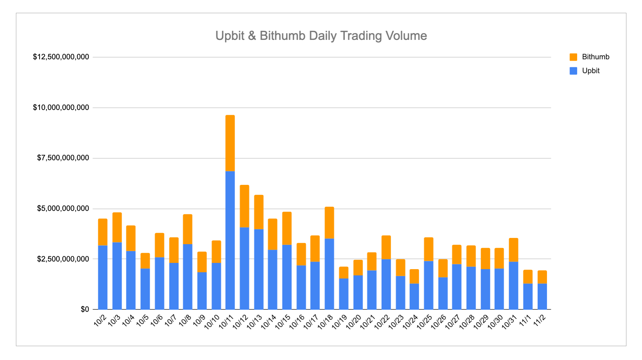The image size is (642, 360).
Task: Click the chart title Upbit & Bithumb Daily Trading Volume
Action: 321,36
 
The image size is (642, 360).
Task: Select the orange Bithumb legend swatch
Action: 573,57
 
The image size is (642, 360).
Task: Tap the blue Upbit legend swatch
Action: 573,71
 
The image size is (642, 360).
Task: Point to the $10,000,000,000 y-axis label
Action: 61,108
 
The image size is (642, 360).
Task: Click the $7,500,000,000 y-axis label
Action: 63,158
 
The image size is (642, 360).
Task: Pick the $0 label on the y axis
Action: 85,309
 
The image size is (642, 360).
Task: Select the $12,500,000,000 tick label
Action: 61,57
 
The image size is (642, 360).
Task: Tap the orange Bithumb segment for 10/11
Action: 230,143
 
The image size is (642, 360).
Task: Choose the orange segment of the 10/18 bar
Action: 329,222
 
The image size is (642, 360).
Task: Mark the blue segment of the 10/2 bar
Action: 103,277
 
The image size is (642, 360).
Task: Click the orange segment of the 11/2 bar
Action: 542,277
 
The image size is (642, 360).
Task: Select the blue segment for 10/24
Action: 414,296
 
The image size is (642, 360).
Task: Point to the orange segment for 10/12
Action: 244,206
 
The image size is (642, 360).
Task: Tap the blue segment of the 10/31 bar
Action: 513,285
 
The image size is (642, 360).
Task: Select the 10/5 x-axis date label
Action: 142,320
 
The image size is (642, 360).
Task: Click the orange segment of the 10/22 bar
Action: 386,247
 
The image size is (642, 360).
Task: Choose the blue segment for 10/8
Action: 188,276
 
